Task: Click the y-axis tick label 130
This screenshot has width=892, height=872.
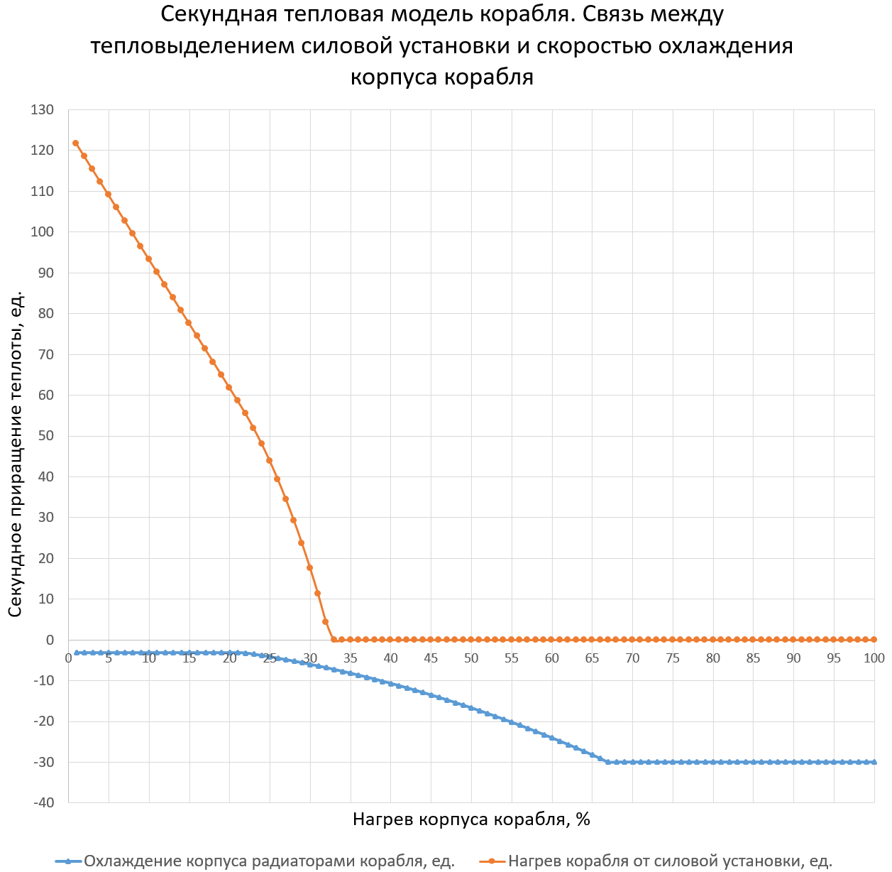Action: pyautogui.click(x=42, y=110)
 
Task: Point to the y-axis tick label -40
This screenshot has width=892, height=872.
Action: pyautogui.click(x=42, y=802)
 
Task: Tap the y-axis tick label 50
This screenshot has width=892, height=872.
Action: pyautogui.click(x=45, y=436)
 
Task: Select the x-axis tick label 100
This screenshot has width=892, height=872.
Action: pyautogui.click(x=874, y=658)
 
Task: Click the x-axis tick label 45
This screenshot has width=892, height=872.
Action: pyautogui.click(x=431, y=658)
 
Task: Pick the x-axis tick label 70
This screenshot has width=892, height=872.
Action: pyautogui.click(x=632, y=658)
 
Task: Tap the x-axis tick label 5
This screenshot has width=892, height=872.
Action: pyautogui.click(x=109, y=658)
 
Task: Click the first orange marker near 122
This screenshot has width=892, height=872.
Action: pyautogui.click(x=76, y=143)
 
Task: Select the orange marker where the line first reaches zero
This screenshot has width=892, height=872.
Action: pyautogui.click(x=334, y=640)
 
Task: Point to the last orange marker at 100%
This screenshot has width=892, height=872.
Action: pyautogui.click(x=874, y=640)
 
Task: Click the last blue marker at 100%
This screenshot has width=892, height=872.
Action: pyautogui.click(x=874, y=762)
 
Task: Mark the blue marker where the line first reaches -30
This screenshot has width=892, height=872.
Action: pyautogui.click(x=607, y=762)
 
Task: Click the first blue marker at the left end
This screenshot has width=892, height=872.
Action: pyautogui.click(x=76, y=653)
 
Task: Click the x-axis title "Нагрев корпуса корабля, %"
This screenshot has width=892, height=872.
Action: pyautogui.click(x=471, y=819)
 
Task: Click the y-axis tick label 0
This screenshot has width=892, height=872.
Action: pyautogui.click(x=50, y=640)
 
